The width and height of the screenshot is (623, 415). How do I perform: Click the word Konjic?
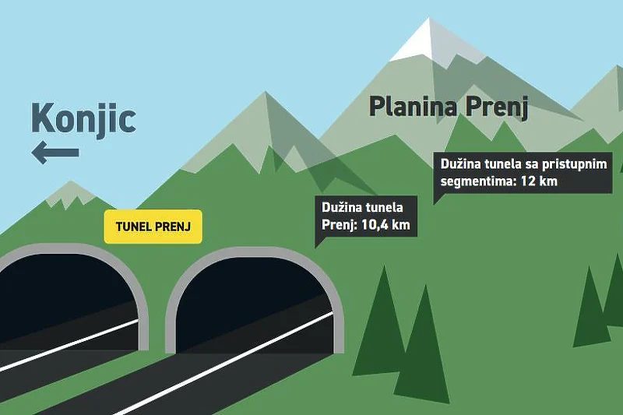83,118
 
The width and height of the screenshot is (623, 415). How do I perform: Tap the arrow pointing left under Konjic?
55,153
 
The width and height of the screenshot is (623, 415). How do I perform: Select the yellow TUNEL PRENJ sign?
153,227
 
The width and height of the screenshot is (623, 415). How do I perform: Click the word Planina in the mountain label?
413,106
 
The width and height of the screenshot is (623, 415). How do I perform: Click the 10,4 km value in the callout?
385,225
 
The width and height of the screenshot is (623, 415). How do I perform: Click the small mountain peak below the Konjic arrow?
71,194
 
